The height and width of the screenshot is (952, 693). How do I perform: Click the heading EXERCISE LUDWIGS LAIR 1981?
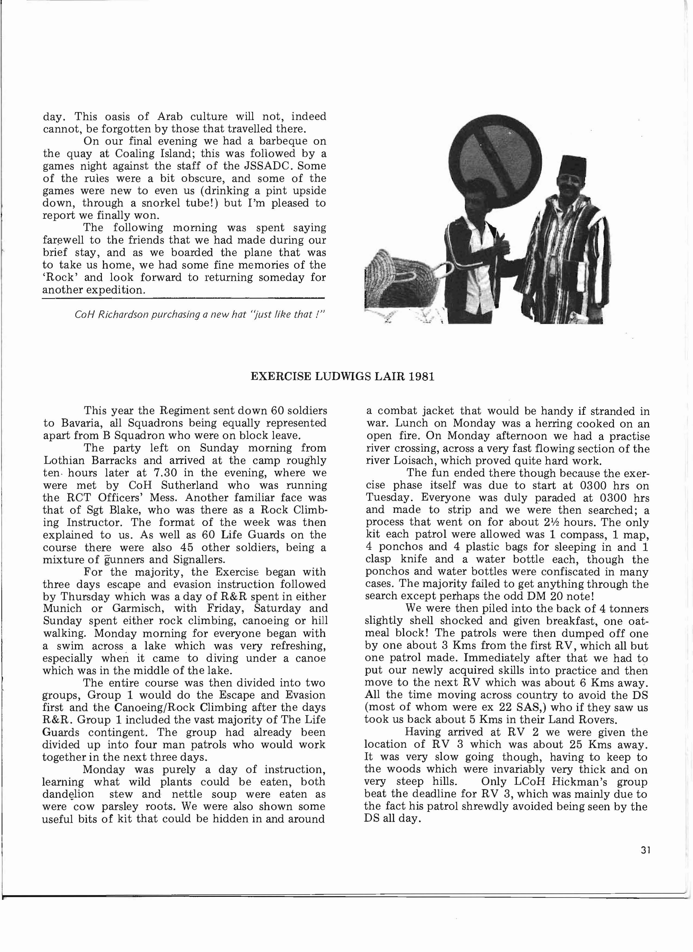pos(342,376)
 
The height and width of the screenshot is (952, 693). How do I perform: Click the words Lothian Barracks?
pos(92,461)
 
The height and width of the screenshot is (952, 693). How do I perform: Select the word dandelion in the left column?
pos(68,794)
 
